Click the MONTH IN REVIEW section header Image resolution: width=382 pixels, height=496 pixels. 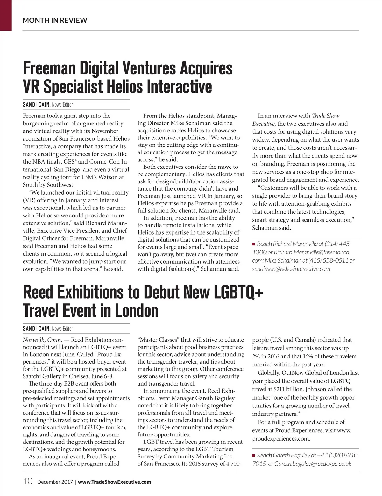tap(55, 20)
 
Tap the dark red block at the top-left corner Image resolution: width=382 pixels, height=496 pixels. tap(6, 15)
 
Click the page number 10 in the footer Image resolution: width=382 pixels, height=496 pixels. tap(28, 481)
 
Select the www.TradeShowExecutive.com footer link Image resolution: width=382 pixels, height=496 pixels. tap(114, 482)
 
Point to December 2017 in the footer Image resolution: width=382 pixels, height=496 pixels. tap(55, 482)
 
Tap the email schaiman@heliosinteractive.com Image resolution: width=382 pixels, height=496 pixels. tap(291, 269)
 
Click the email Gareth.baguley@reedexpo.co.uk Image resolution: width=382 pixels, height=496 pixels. tap(313, 464)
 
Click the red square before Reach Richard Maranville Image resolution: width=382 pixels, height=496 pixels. tap(254, 244)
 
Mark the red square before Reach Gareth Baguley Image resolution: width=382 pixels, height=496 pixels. tap(254, 456)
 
